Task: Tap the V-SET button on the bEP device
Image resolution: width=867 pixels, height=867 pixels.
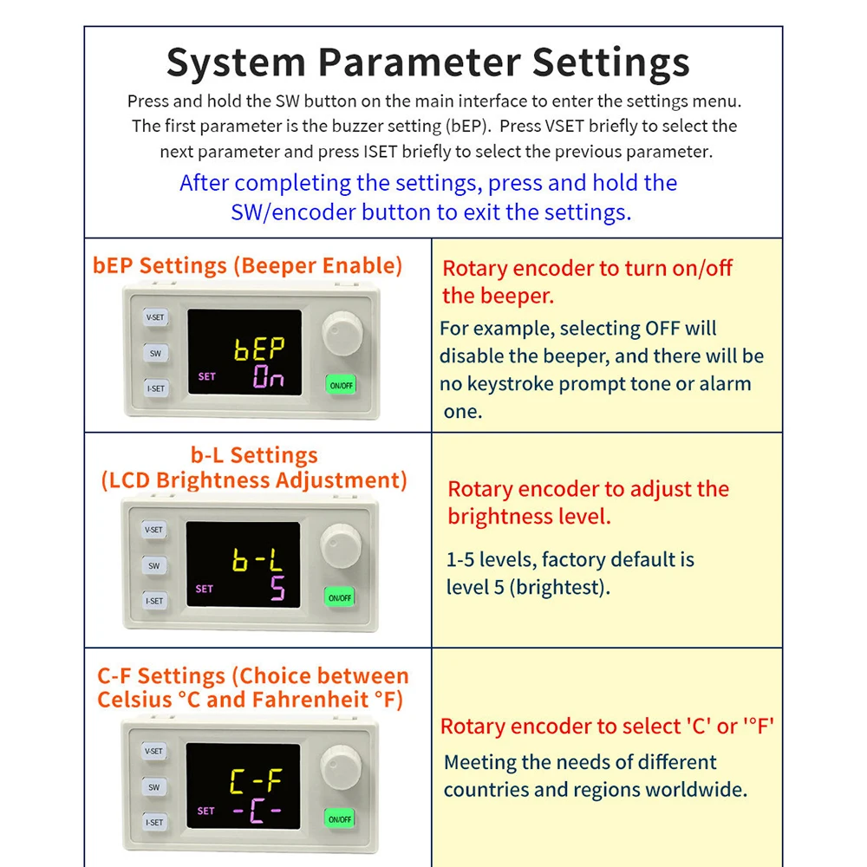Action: coord(155,317)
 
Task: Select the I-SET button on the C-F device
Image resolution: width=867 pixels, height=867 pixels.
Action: coord(154,822)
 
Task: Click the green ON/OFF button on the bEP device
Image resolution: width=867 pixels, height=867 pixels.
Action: coord(341,386)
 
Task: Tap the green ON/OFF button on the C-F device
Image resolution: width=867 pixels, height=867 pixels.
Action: coord(340,819)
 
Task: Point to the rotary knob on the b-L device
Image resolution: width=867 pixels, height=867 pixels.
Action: coord(341,545)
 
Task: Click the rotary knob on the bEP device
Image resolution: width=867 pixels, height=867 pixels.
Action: coord(342,333)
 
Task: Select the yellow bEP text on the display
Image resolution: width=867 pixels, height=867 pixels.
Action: coord(259,349)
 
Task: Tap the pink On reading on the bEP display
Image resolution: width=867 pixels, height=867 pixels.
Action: coord(268,376)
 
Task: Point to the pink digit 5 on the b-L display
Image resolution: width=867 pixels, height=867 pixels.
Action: coord(277,588)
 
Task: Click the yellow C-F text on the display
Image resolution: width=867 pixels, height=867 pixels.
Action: coord(256,780)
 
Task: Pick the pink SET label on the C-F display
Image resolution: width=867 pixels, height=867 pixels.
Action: coord(205,812)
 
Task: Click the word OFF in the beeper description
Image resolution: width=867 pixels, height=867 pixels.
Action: coord(662,329)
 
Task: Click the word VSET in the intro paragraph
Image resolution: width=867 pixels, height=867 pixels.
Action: coord(564,126)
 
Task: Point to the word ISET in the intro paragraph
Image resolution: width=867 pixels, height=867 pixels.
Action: coord(381,152)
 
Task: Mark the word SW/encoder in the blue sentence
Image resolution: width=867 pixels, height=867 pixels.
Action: coord(293,212)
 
